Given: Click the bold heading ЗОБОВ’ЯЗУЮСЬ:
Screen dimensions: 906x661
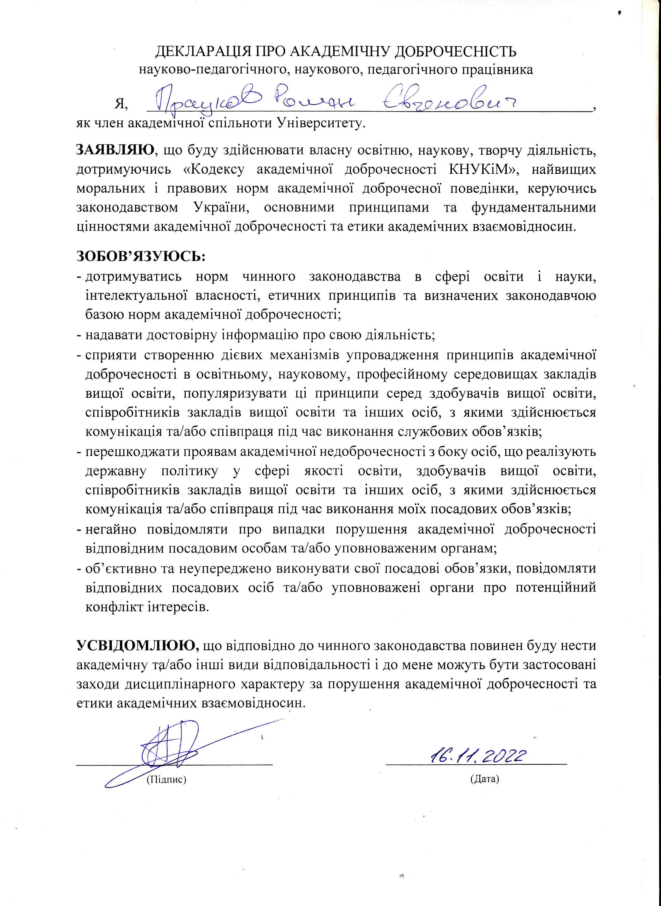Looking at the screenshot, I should (x=141, y=256).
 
